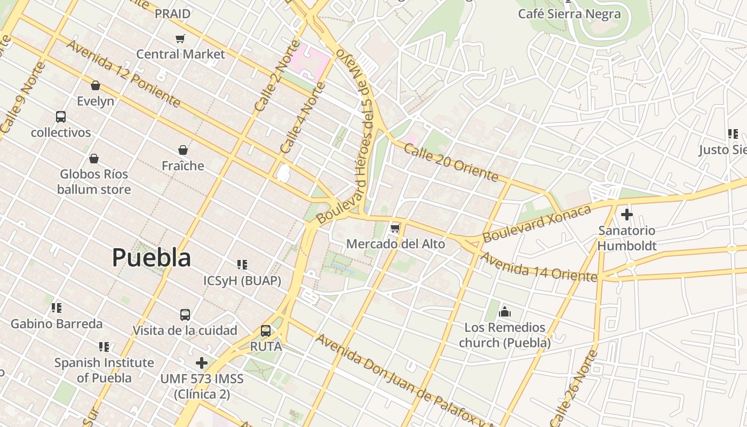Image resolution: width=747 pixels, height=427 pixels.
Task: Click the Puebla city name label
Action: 152,258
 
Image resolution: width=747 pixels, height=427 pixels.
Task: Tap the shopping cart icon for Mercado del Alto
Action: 395,228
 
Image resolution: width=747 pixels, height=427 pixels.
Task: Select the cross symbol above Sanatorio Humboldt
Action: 626,215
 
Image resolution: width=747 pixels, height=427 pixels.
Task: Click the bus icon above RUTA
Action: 266,331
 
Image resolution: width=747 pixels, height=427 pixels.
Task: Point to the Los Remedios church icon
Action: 505,312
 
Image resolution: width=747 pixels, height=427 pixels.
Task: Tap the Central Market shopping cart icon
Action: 180,38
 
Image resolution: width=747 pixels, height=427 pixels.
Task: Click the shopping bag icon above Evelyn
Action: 96,85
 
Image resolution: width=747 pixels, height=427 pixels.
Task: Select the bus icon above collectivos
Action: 61,117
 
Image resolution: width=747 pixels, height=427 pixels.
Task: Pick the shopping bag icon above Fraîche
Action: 183,150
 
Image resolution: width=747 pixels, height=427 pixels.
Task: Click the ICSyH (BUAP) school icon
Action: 242,265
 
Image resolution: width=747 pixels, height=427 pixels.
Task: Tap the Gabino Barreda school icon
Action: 56,308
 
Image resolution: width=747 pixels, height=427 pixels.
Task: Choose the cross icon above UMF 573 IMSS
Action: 201,363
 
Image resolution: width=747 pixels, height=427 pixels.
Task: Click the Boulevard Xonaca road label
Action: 537,223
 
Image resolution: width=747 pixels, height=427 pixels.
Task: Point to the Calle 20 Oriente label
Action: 451,162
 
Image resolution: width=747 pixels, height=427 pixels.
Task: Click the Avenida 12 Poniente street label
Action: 123,74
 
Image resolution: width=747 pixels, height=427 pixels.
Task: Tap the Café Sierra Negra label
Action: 569,14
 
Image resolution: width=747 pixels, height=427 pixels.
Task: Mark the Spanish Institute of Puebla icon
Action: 104,347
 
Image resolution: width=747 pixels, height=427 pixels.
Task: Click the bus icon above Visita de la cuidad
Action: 185,315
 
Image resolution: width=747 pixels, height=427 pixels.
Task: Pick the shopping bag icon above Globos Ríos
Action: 94,159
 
